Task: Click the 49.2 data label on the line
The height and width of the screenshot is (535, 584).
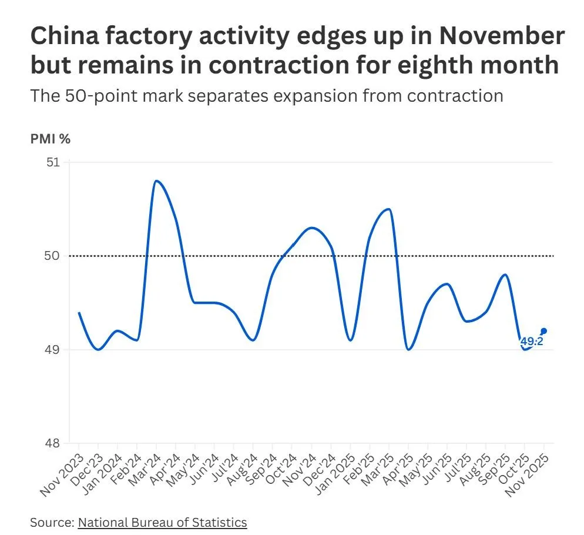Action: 531,340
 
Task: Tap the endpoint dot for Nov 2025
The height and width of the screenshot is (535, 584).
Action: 544,330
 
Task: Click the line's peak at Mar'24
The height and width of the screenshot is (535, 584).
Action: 156,180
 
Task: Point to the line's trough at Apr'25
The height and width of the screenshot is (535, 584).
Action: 408,349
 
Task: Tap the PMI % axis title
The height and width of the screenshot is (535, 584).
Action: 51,139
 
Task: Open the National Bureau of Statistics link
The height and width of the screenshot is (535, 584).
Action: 162,522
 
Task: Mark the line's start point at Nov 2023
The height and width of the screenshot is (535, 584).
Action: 79,312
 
